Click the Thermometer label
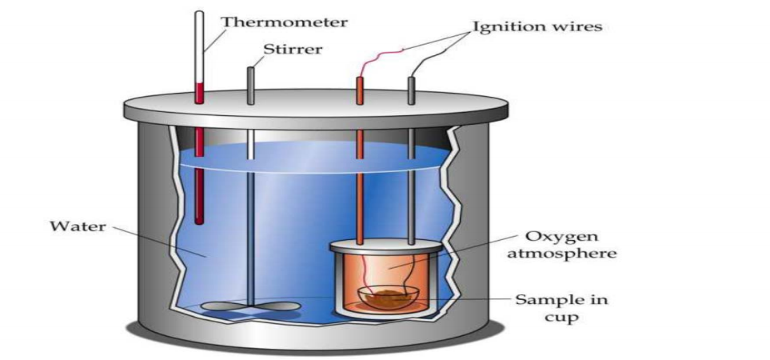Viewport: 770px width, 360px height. tap(284, 22)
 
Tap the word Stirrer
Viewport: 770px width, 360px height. tap(293, 50)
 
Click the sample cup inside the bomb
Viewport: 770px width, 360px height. tap(384, 298)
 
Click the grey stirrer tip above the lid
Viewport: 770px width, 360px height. tap(250, 83)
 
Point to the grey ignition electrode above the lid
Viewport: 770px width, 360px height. tap(412, 90)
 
